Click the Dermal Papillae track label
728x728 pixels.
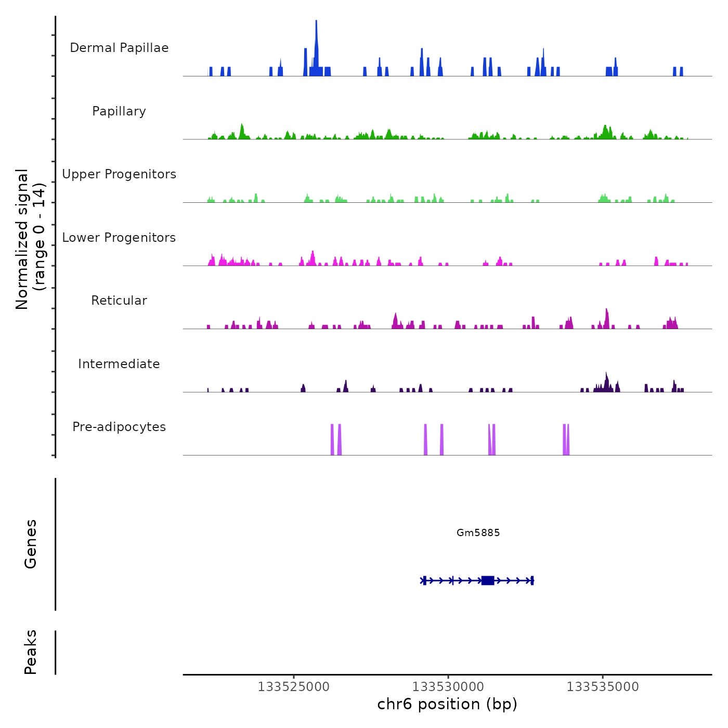(119, 48)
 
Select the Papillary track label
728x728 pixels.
(119, 111)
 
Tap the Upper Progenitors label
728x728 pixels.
(119, 174)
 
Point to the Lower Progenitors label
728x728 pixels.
(119, 238)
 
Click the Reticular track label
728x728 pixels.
(119, 301)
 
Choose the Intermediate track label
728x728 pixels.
(119, 364)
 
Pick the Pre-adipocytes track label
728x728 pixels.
(119, 427)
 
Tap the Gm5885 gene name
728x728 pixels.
(478, 532)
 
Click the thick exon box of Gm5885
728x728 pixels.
(487, 580)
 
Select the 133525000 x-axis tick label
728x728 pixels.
(294, 687)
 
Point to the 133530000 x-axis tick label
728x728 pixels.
(448, 687)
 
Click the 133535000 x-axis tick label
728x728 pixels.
(603, 687)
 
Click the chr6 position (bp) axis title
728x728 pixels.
(447, 704)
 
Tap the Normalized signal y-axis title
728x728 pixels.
(30, 239)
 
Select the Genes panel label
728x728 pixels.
(30, 544)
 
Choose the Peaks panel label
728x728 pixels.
(30, 652)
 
